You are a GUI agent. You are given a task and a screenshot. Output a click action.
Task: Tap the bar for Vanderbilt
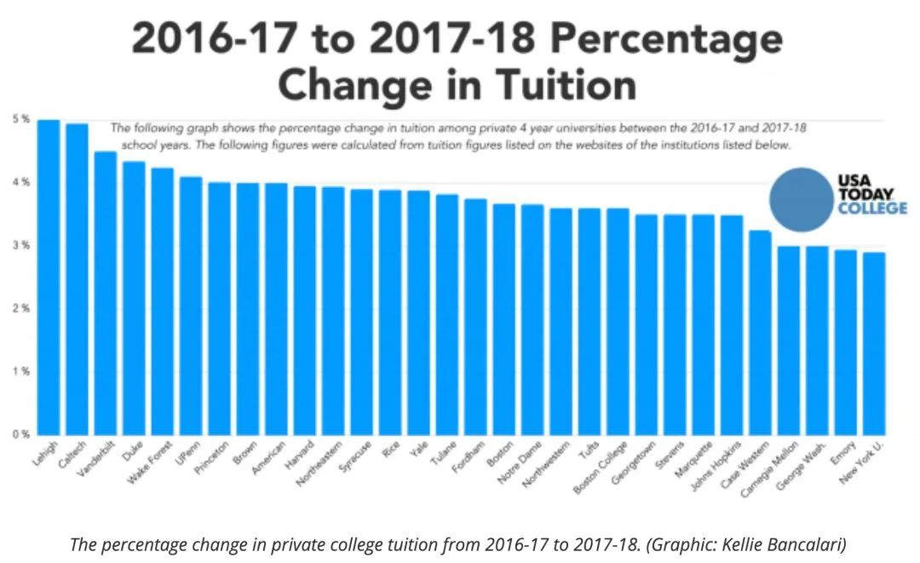coord(106,293)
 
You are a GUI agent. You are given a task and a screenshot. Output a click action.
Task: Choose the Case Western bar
coord(760,332)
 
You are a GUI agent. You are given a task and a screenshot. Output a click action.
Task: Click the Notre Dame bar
coord(532,319)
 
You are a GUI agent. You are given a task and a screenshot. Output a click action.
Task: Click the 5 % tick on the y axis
coord(20,119)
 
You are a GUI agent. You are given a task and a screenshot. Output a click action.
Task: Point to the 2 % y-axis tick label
coord(20,308)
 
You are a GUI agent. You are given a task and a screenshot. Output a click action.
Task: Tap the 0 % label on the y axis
coord(20,434)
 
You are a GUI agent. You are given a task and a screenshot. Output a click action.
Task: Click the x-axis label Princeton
coord(215,456)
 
